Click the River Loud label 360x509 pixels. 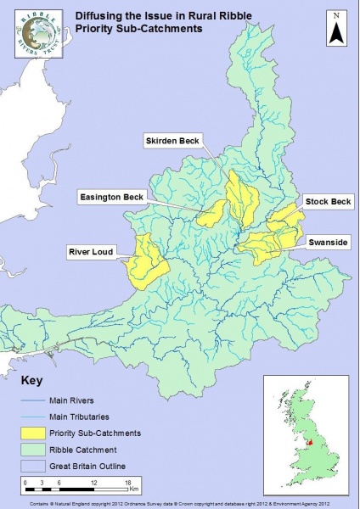click(x=91, y=251)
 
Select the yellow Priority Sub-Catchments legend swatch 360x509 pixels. click(x=37, y=432)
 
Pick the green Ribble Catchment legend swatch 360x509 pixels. click(x=37, y=448)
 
